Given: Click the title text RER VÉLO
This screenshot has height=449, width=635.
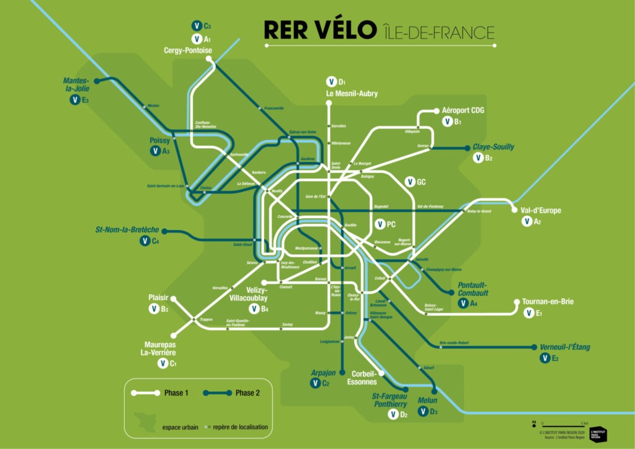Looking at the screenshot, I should tap(319, 30).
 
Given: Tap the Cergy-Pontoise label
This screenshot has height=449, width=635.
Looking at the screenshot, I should tap(187, 50).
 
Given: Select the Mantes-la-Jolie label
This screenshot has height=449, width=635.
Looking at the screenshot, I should tap(76, 84).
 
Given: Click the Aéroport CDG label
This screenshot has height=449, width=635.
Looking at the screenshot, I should tap(463, 110).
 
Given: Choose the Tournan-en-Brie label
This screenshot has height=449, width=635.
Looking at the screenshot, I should tap(548, 302).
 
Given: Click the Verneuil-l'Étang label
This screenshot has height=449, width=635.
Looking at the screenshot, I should tap(564, 347).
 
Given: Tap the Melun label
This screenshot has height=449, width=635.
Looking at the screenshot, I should tap(427, 401).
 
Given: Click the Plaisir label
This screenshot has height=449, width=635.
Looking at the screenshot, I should tap(158, 298).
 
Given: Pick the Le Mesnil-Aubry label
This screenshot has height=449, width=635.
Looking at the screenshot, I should tap(352, 94).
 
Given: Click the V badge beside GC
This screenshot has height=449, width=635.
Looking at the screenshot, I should tap(409, 182).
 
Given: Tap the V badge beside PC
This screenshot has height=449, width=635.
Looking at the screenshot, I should tap(380, 224).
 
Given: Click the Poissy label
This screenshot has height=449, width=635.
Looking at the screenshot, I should tap(159, 141).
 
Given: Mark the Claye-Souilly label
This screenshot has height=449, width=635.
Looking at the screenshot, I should tap(494, 147).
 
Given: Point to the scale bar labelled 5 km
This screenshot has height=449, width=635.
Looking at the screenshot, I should tap(555, 424).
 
